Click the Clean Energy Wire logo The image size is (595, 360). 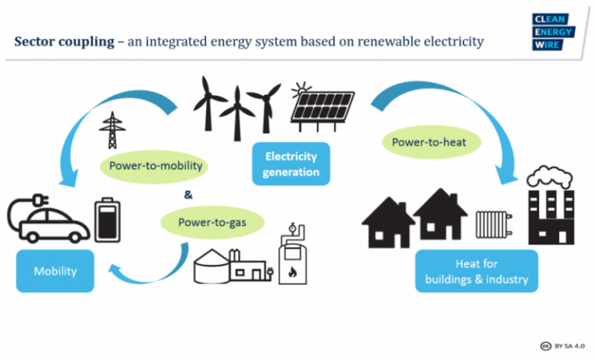tap(553, 32)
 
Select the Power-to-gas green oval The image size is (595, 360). tap(212, 222)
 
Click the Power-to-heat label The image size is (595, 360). tap(432, 142)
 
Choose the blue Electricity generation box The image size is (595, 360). tap(291, 164)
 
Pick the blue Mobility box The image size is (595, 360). tap(55, 271)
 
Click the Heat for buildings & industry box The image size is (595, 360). tap(476, 271)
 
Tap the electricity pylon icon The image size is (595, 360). tap(112, 130)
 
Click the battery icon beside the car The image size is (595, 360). tap(108, 220)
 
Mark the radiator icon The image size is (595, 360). tap(494, 225)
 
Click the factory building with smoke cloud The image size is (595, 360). tap(551, 205)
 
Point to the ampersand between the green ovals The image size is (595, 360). tap(188, 195)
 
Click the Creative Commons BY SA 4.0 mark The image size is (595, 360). tap(562, 346)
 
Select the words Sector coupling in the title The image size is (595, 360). tap(64, 41)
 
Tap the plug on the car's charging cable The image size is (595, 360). tap(40, 200)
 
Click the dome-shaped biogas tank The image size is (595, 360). tap(212, 266)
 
